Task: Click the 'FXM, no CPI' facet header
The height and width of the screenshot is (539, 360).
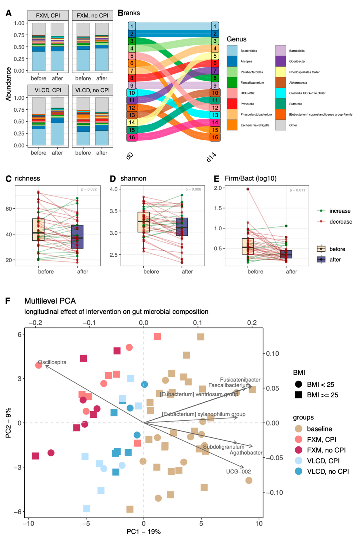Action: coord(92,16)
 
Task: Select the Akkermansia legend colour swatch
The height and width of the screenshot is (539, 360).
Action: coord(280,82)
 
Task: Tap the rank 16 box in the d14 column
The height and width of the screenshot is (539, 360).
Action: coord(215,137)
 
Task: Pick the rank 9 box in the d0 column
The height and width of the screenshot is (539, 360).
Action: coord(132,86)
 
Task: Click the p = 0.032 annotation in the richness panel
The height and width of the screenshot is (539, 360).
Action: coord(89,189)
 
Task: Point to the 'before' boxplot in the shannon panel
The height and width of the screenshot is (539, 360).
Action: coord(143,222)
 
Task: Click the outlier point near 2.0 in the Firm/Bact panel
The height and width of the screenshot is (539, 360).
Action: coord(248,189)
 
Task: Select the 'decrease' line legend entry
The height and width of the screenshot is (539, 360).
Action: coord(341,222)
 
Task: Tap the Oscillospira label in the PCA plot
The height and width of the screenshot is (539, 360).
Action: coord(52,362)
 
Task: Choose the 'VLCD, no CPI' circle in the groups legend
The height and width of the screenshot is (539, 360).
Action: coord(298,471)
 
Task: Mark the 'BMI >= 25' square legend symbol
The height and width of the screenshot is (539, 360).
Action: coord(298,395)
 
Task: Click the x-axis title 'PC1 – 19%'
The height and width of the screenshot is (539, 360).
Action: coord(143,531)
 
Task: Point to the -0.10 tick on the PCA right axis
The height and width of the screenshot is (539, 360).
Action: coord(274,493)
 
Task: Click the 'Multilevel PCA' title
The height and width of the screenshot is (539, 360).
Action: coord(50,301)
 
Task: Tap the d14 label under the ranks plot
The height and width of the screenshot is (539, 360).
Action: coord(211,157)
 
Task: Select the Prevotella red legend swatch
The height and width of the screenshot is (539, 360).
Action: coord(232,104)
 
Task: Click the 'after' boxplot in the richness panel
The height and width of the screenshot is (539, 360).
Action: coord(77,237)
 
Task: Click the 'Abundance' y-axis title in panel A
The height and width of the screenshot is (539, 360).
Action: coord(9,84)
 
